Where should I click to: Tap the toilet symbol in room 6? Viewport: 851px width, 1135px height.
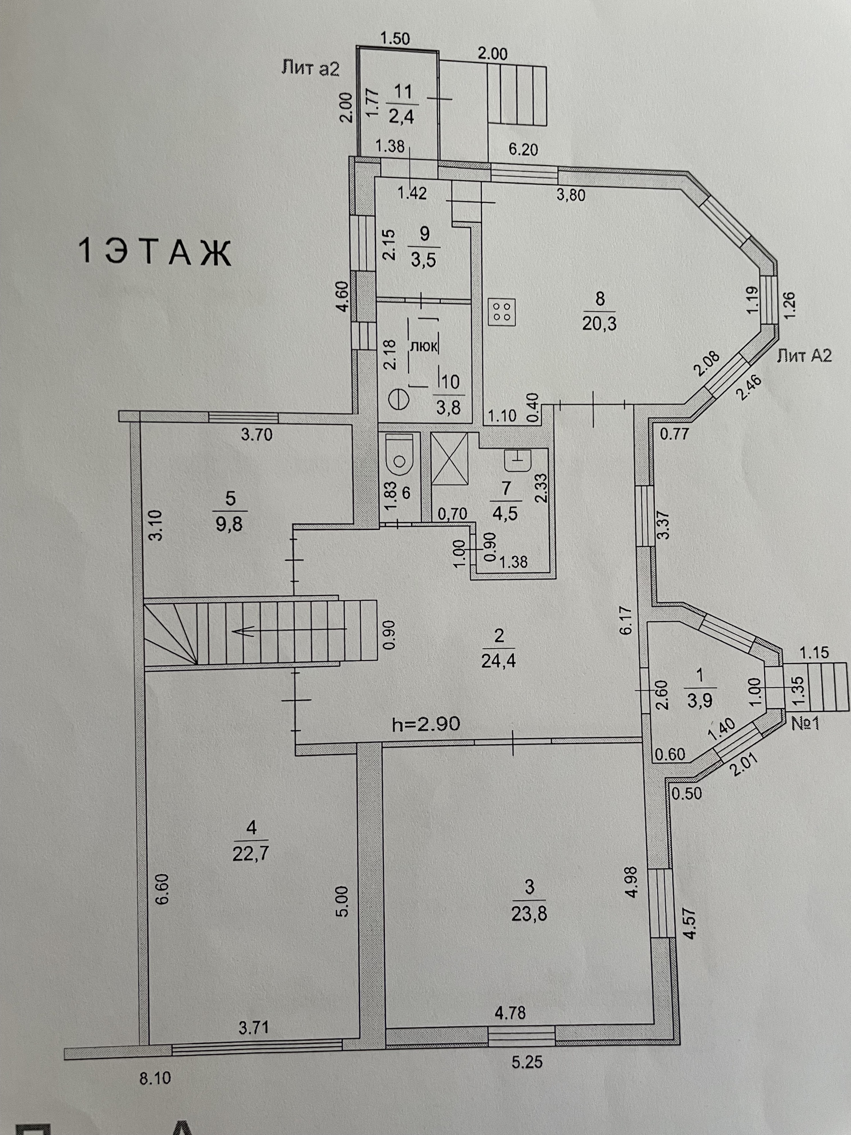tap(399, 454)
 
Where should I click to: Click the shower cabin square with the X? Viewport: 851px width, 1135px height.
tap(450, 458)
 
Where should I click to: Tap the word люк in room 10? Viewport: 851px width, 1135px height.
tap(424, 346)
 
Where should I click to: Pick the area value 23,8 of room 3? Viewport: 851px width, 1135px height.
tap(529, 914)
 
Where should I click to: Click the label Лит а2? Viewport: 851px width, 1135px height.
tap(310, 68)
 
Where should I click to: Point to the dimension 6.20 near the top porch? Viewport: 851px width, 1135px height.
tap(523, 150)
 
